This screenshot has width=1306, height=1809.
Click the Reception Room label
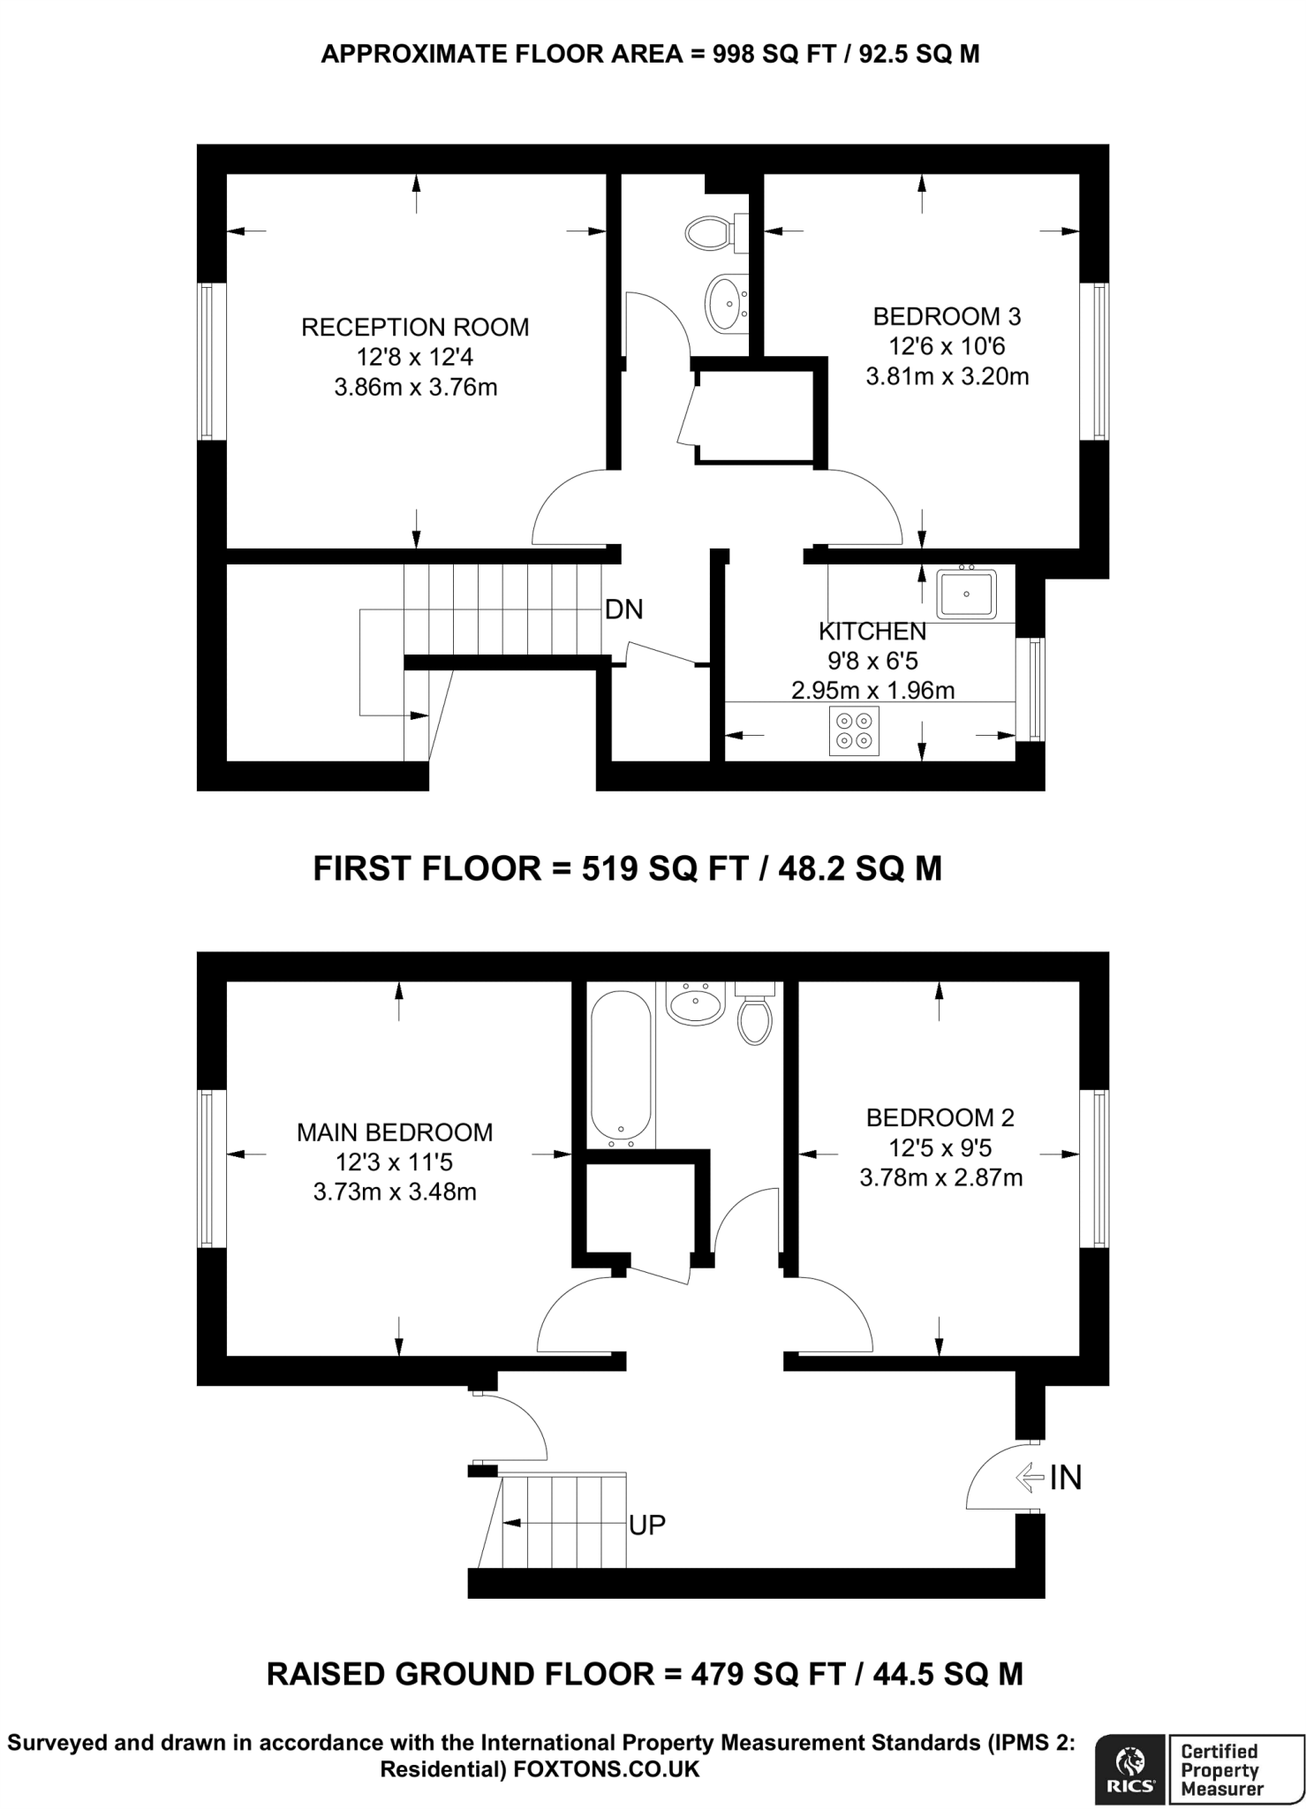tap(415, 327)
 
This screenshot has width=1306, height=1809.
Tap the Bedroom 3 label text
tap(947, 316)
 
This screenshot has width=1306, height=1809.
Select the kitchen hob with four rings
tap(854, 731)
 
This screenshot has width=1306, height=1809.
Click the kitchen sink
tap(966, 594)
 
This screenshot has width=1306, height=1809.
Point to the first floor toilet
tap(711, 233)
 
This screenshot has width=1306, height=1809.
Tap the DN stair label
tap(624, 609)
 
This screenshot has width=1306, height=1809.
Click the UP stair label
tap(647, 1525)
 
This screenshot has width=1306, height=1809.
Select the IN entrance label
tap(1065, 1477)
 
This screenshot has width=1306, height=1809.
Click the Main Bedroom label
tap(395, 1132)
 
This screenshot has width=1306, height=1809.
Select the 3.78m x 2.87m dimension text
tap(940, 1177)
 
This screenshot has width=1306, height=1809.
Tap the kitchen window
tap(1032, 690)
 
